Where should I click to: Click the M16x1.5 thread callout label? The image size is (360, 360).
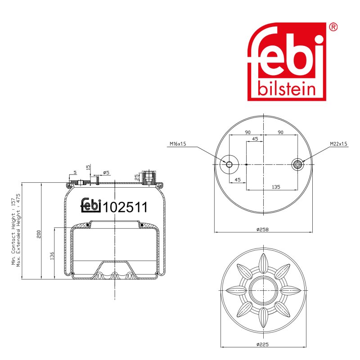point(178,144)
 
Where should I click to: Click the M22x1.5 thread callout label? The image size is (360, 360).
point(338,144)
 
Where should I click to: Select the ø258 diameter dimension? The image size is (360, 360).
point(262,229)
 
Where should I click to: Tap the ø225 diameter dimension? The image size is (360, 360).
point(262,344)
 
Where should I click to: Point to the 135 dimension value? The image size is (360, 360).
point(276,187)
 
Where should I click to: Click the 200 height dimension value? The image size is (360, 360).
point(39,234)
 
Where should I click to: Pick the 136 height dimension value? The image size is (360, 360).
point(52,256)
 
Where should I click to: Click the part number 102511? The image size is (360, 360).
point(125,207)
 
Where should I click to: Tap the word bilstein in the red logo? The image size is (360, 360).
point(287,89)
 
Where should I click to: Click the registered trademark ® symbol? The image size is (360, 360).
point(333,27)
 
